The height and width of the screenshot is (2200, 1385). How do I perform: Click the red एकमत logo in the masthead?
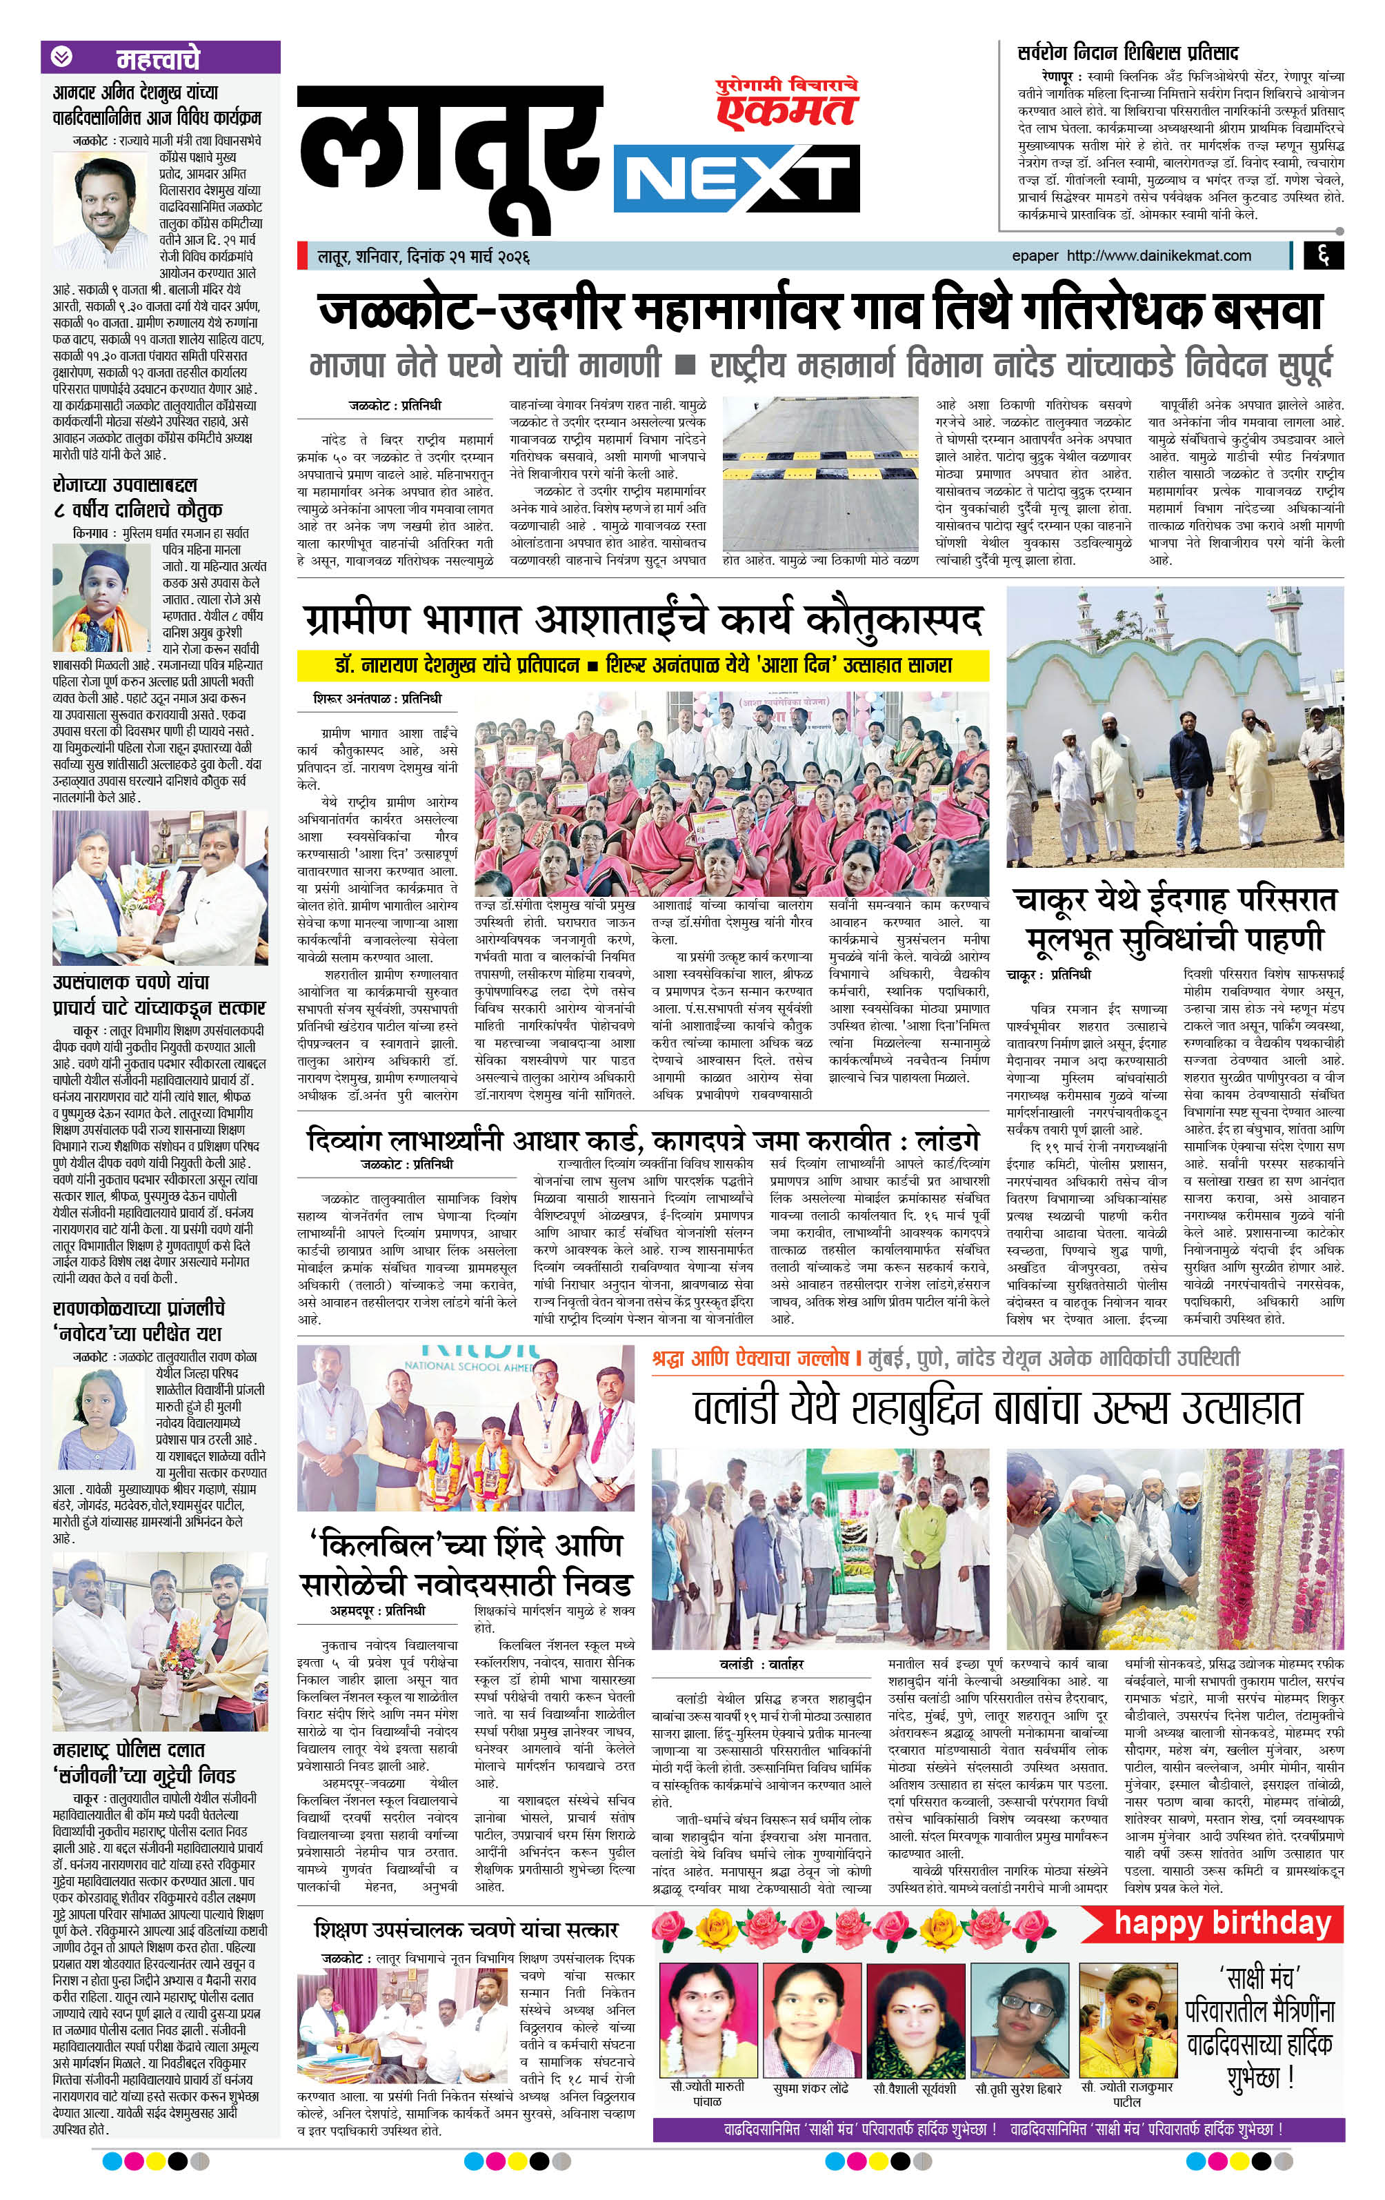[x=786, y=108]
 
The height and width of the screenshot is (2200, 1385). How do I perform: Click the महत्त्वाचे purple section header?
[x=160, y=59]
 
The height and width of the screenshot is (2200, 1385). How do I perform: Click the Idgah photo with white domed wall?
[x=1174, y=726]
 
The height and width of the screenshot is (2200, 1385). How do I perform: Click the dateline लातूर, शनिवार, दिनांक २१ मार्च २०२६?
[x=424, y=257]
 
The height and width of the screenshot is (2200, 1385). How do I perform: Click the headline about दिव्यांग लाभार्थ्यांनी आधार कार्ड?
[x=642, y=1140]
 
